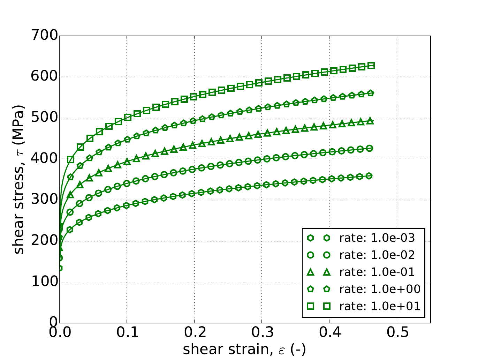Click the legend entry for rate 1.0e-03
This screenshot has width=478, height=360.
377,238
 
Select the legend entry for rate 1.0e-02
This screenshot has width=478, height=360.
377,255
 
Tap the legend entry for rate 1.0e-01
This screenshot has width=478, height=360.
377,272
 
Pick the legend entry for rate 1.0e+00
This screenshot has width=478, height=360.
380,289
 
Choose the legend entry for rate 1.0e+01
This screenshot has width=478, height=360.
380,306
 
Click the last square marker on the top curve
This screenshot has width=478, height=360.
371,66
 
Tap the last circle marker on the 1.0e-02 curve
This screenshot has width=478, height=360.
370,148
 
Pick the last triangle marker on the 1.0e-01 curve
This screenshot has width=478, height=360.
371,121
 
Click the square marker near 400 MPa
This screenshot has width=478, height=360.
71,159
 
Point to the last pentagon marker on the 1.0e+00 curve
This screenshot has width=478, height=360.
371,93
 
